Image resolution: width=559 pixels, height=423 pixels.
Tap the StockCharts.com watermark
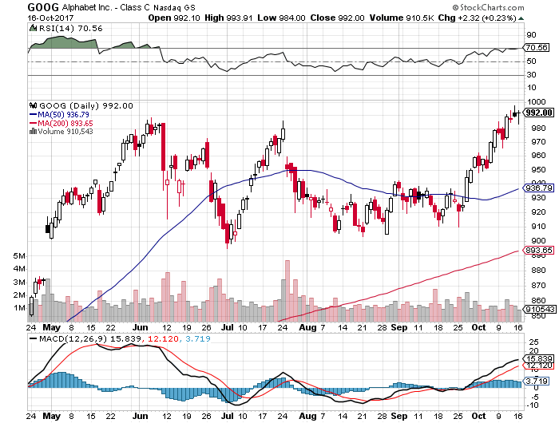[513, 6]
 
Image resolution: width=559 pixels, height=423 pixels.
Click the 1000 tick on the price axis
[540, 102]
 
